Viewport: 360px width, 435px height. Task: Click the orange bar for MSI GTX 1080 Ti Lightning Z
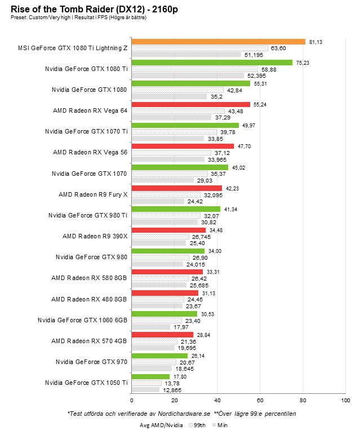point(218,42)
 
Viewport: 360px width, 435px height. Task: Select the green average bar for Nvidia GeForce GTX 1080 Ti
point(212,63)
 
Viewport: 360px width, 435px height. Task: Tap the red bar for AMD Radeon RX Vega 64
point(190,104)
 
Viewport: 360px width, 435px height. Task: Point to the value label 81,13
point(315,42)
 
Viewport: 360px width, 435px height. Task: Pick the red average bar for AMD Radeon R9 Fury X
point(176,188)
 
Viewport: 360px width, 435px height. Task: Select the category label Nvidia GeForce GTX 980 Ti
point(87,215)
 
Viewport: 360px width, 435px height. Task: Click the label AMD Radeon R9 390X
point(95,236)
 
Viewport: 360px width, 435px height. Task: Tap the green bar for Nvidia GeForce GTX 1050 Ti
point(150,376)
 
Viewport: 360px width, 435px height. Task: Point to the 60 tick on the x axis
point(260,400)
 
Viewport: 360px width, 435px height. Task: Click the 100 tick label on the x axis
point(345,400)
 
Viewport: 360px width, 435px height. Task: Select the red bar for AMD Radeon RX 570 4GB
point(162,335)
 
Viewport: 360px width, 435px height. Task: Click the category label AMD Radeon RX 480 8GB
point(89,299)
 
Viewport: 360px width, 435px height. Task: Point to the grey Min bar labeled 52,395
point(187,76)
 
